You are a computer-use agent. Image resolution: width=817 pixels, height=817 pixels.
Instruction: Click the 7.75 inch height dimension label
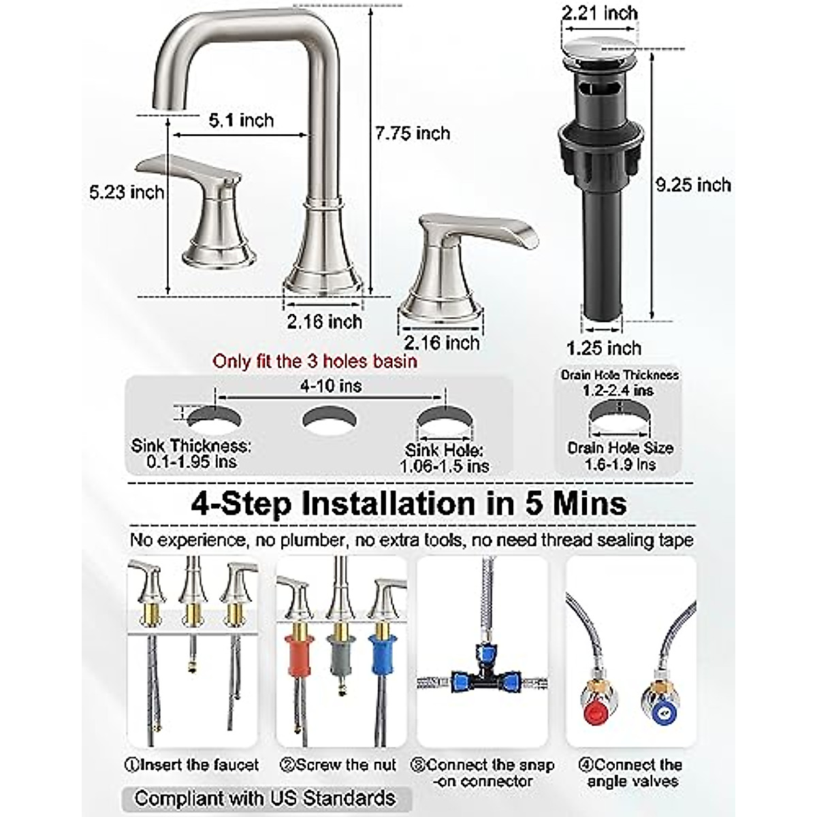[413, 133]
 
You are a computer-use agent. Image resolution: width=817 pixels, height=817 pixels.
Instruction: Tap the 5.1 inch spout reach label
[241, 121]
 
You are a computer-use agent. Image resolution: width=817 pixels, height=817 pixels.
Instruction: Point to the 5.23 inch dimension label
[127, 192]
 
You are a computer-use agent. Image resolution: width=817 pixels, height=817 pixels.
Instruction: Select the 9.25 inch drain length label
[692, 185]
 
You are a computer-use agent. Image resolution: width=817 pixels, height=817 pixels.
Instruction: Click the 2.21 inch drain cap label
[600, 13]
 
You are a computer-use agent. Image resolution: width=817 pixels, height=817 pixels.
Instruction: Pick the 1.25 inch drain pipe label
[604, 348]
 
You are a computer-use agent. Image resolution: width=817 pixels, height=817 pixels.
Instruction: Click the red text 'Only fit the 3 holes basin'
[315, 361]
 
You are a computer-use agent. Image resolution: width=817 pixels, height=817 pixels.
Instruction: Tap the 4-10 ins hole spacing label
[331, 386]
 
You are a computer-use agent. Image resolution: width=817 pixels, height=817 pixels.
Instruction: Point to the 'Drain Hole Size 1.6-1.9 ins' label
[620, 455]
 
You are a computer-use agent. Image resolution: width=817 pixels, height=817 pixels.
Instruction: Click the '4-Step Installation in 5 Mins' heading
[408, 504]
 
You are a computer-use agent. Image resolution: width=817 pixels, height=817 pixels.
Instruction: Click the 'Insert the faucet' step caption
[192, 765]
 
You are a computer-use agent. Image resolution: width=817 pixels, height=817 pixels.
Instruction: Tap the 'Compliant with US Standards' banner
[266, 798]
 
